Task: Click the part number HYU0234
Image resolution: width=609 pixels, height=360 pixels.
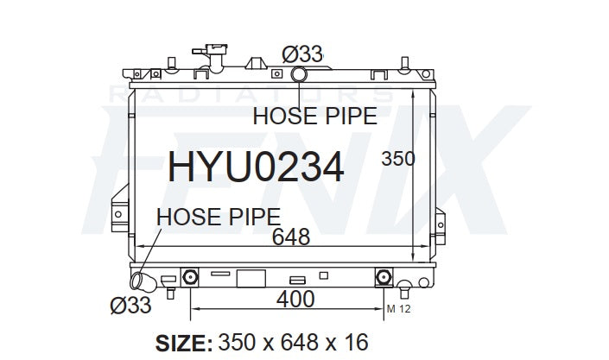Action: [x=256, y=167]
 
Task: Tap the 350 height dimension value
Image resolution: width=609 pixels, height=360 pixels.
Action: [x=398, y=159]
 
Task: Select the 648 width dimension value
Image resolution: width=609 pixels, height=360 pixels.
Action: [x=291, y=237]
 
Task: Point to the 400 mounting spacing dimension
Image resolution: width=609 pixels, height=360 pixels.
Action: [x=295, y=299]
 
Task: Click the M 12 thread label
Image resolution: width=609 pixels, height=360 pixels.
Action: [x=398, y=309]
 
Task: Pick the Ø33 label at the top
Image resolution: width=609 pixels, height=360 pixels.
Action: [x=302, y=54]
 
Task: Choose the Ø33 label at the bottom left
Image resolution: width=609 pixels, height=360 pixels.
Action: [x=130, y=306]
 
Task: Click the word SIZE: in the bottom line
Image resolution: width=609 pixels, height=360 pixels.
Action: [x=184, y=343]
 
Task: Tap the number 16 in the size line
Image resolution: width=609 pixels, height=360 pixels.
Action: [x=356, y=342]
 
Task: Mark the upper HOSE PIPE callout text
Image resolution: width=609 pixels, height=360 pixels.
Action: [x=315, y=116]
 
